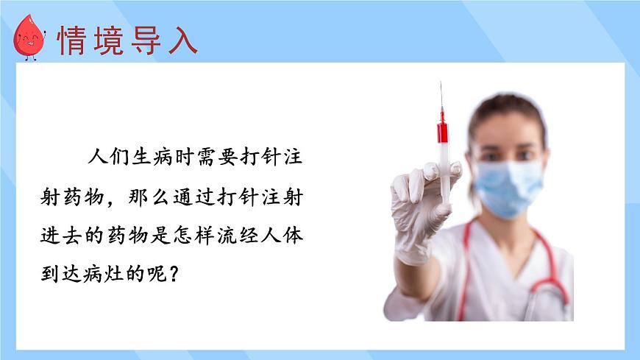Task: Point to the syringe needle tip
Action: pyautogui.click(x=441, y=84)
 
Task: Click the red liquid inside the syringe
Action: pyautogui.click(x=442, y=133)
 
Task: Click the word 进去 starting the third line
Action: pyautogui.click(x=57, y=236)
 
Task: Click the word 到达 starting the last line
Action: pyautogui.click(x=57, y=275)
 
